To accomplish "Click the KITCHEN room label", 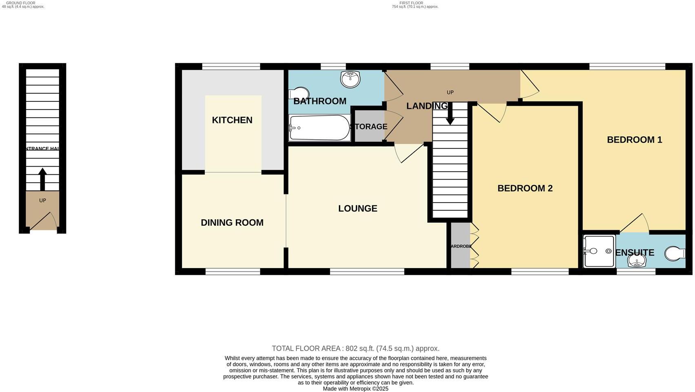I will (x=232, y=120).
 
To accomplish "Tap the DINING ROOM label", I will (x=232, y=222).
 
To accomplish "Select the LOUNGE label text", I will (x=358, y=209).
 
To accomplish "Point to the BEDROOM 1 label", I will (x=634, y=140).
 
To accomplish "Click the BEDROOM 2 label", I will (x=525, y=188).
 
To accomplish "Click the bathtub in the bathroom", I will (x=319, y=128).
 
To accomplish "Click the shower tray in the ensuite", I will (x=599, y=251).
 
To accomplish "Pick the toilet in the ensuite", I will (x=675, y=254).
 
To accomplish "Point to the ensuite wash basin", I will (x=636, y=260).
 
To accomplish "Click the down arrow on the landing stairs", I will (x=450, y=115).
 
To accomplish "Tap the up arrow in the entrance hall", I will (x=42, y=179).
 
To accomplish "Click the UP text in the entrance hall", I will (x=42, y=200).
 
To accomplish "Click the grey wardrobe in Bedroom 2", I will (x=460, y=246).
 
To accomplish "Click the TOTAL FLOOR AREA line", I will (x=355, y=348).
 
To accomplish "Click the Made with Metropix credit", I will (x=355, y=389).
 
